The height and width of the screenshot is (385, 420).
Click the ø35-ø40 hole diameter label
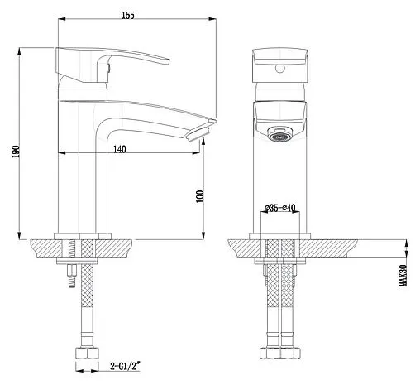(x=279, y=209)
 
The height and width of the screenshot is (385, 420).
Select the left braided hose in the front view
(x=270, y=306)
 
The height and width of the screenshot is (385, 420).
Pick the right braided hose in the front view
(x=289, y=306)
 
